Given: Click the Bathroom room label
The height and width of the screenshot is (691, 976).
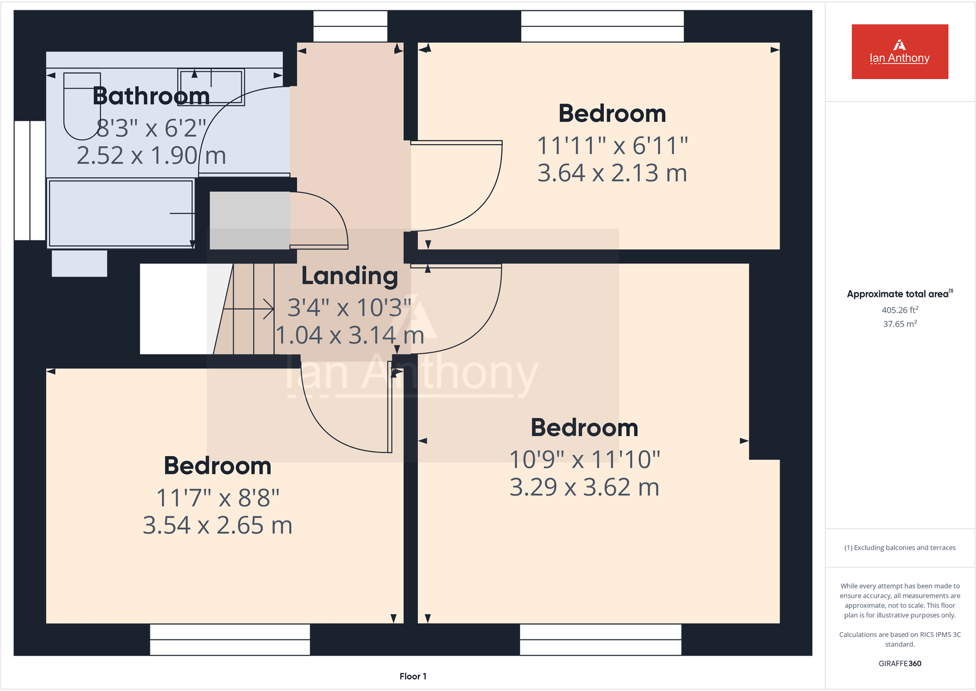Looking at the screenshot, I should coord(151,96).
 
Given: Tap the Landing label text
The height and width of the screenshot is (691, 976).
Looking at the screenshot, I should coord(349,276).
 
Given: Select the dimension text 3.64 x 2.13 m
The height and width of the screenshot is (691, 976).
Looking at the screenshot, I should coord(612,173).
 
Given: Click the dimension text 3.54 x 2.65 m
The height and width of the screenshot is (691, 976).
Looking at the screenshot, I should coord(217,525).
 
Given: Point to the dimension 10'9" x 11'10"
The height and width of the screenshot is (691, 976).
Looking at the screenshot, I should coord(584,459).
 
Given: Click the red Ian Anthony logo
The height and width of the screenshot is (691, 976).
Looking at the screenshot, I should coord(899,52).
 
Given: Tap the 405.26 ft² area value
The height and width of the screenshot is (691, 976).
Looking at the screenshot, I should coord(899,310).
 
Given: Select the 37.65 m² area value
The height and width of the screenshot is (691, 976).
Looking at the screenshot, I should coord(899,324).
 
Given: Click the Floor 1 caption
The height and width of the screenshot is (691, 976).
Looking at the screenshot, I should coord(412,676).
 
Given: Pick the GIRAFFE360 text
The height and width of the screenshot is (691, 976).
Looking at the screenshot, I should coord(899,663).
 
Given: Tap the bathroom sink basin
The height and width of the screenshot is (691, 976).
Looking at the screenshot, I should coord(211,86).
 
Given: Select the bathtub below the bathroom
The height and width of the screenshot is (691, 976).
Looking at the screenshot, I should coord(120,213).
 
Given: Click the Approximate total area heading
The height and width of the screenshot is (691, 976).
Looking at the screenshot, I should coord(899,294).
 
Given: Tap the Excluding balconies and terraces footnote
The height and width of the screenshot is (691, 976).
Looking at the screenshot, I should coord(899,548).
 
